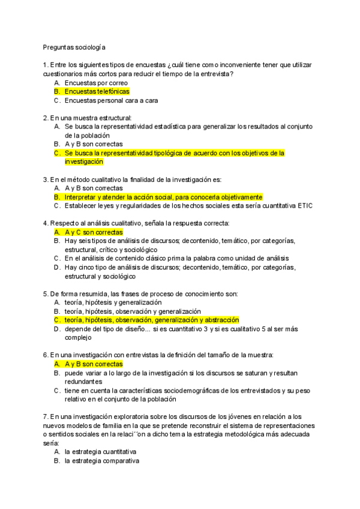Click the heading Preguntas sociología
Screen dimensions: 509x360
(75, 46)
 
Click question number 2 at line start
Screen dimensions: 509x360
(46, 118)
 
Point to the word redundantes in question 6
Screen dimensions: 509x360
(83, 382)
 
